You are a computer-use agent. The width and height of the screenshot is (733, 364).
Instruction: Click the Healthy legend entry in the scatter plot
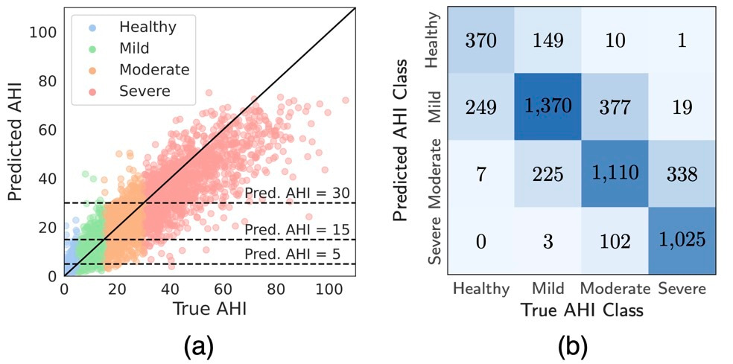tap(147, 28)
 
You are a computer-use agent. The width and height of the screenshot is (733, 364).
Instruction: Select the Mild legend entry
tap(134, 48)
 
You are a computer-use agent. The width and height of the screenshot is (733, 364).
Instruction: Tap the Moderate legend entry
tap(153, 70)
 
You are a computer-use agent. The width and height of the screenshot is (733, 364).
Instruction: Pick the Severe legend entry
tap(144, 91)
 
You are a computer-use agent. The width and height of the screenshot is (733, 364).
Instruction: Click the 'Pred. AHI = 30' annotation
tap(297, 193)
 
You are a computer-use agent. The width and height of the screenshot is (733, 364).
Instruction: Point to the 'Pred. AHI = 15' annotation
tap(297, 229)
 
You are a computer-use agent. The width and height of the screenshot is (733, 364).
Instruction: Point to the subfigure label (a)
tap(203, 345)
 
